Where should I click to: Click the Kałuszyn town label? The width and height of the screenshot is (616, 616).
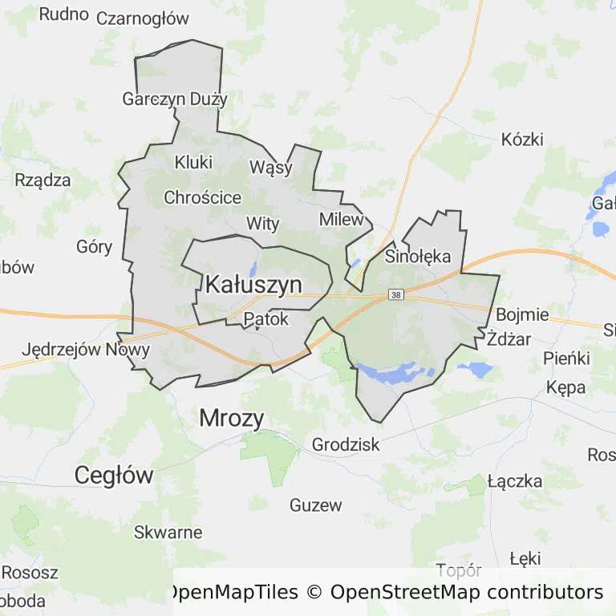tap(253, 284)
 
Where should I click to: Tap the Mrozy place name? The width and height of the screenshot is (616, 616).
tap(231, 417)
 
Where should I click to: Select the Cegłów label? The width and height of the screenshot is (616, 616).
tap(114, 475)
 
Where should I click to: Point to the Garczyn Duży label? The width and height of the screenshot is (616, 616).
tap(175, 99)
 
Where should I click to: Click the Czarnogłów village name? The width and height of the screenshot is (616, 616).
tap(142, 18)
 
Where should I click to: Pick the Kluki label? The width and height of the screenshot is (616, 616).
tap(193, 162)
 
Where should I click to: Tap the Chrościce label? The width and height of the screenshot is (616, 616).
tap(202, 197)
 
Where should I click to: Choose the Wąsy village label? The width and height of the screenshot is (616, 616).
tap(271, 168)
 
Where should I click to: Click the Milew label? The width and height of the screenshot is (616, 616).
tap(341, 219)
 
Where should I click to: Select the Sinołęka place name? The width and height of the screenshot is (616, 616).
tap(418, 257)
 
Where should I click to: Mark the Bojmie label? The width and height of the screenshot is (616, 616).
tap(522, 314)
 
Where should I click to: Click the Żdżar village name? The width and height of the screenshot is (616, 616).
tap(509, 339)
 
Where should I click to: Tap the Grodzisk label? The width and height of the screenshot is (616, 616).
tap(346, 444)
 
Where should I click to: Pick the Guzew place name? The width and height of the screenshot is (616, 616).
tap(315, 505)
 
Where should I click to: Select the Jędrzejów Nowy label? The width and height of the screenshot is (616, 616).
tap(86, 350)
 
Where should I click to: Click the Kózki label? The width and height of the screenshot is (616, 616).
tap(522, 139)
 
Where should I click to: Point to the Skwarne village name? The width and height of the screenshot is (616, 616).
tap(168, 532)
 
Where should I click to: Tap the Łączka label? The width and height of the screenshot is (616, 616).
tap(514, 482)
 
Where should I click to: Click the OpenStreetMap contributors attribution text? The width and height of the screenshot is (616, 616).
tap(466, 593)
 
